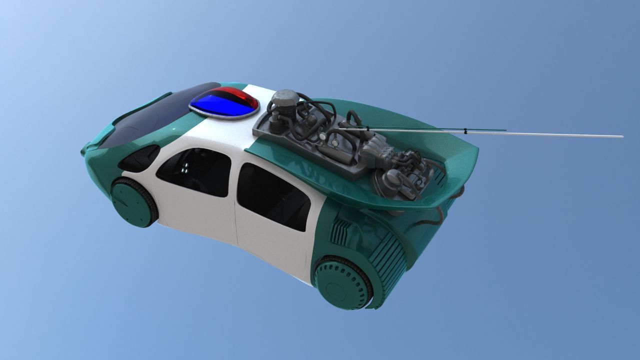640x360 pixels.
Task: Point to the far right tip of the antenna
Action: coord(621,136)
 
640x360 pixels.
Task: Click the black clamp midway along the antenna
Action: coord(465,132)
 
